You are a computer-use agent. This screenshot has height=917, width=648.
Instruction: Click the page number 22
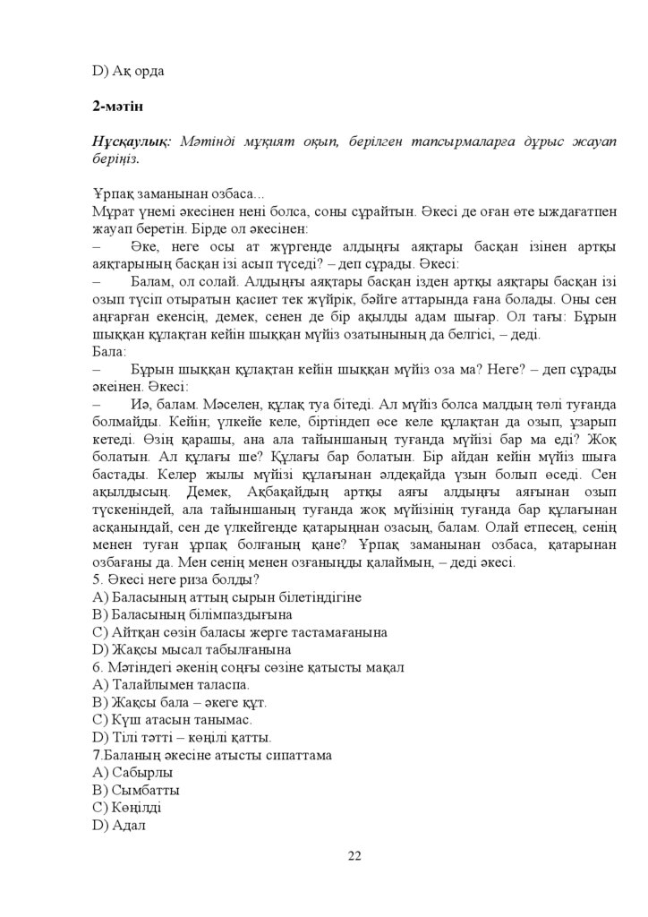tap(354, 856)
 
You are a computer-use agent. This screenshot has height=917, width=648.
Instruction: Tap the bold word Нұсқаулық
tap(132, 142)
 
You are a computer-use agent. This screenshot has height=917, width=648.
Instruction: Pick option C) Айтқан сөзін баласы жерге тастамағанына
tap(240, 632)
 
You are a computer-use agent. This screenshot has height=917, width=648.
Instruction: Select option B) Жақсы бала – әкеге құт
tap(179, 702)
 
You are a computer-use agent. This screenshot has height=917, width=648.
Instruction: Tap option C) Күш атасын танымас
tap(172, 719)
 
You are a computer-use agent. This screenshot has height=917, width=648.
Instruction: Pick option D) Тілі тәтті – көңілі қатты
tap(182, 737)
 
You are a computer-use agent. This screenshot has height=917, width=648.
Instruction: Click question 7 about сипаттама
tap(212, 755)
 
